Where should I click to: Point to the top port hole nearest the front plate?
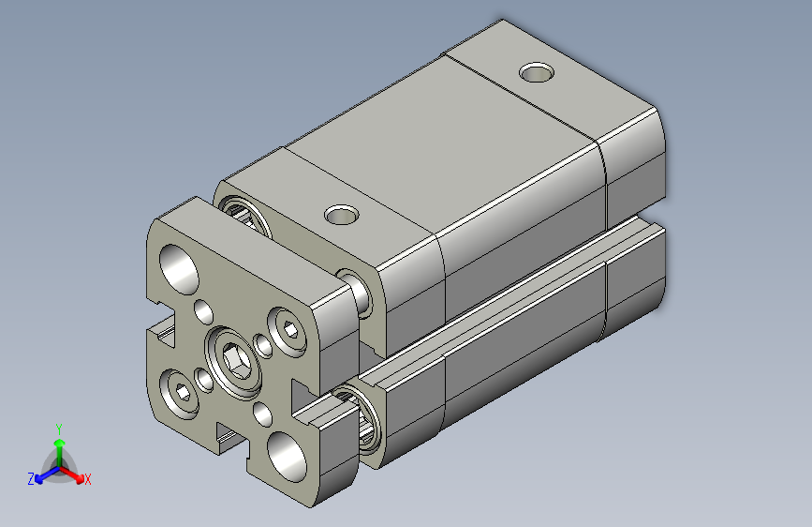[341, 215]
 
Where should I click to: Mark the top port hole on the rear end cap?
[537, 72]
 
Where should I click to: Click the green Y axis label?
[58, 427]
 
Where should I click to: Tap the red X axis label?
[88, 480]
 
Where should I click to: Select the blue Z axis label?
[31, 479]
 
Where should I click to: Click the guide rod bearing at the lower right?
[364, 418]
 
